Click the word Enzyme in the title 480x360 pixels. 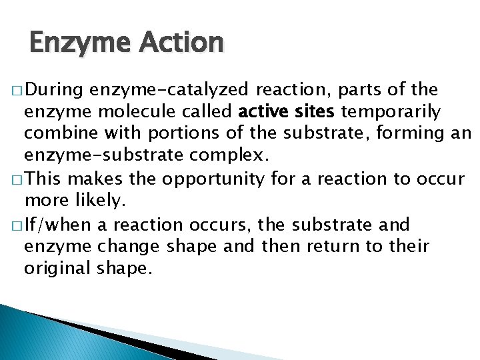tap(70, 43)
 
